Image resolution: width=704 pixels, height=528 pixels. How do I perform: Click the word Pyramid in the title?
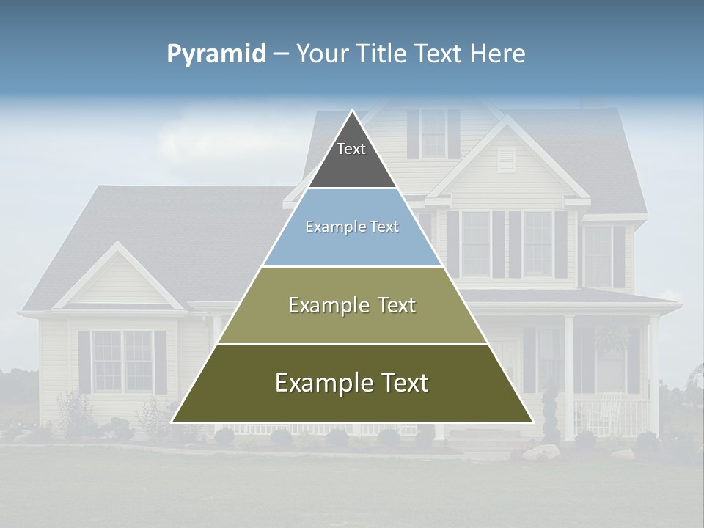[216, 54]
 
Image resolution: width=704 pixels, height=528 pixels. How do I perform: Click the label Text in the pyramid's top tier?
[351, 149]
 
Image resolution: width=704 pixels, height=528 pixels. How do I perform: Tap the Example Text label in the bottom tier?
[352, 383]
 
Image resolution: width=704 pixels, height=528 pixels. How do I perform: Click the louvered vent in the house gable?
[507, 160]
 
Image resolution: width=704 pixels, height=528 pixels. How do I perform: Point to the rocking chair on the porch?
[608, 411]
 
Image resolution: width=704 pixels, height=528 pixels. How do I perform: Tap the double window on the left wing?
[122, 361]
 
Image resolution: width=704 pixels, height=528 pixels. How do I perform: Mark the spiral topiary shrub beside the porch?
[550, 411]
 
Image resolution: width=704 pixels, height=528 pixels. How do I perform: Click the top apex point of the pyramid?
[352, 111]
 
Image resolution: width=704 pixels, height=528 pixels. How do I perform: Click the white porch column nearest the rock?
[569, 374]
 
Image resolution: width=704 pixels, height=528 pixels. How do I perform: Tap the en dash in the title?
[281, 54]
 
